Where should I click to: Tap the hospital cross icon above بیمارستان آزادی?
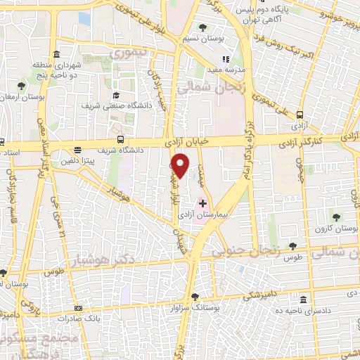click(203, 203)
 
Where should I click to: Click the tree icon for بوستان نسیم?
click(202, 27)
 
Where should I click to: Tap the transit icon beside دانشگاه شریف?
click(121, 139)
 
